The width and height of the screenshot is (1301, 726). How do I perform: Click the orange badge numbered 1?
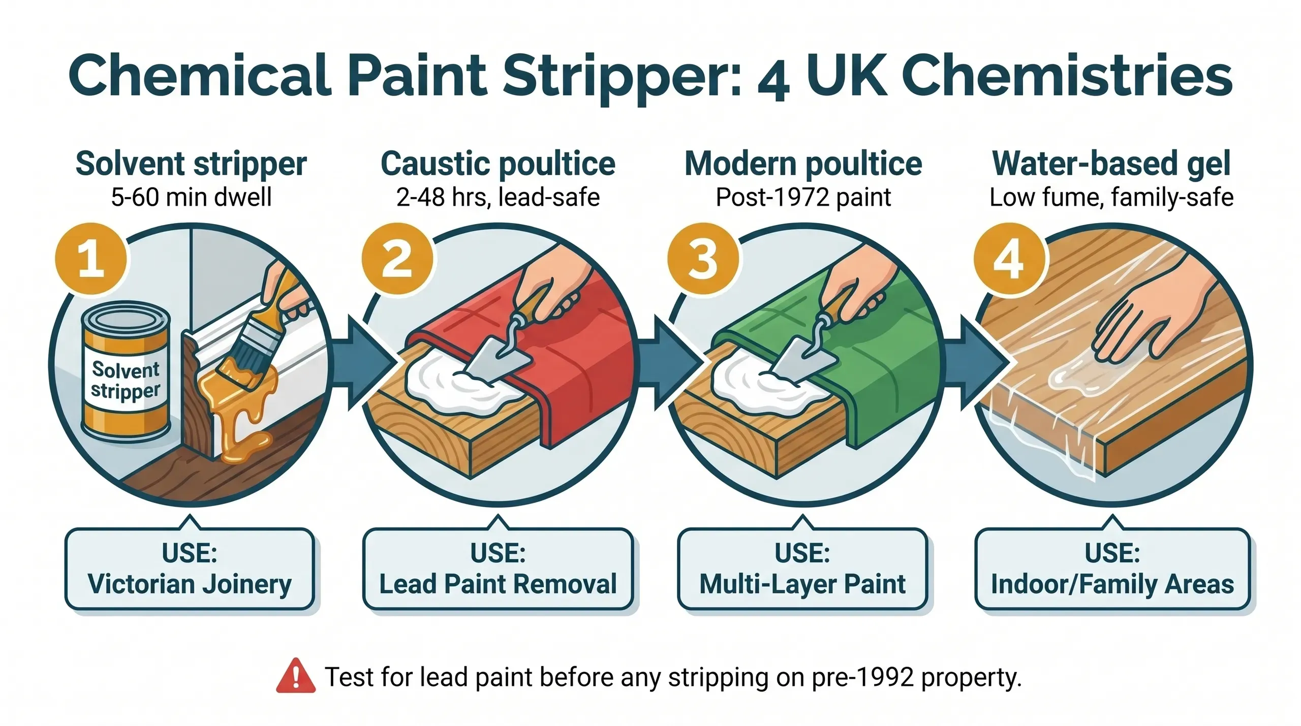tap(91, 259)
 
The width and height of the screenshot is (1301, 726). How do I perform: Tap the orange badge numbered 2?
tap(397, 259)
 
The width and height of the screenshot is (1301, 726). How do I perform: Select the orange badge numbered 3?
tap(703, 259)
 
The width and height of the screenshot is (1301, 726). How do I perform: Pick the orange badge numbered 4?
tap(1009, 259)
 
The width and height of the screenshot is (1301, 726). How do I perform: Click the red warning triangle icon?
tap(295, 676)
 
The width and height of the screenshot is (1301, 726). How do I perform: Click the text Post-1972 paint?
tap(803, 197)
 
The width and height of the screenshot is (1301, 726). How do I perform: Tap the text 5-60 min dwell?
tap(191, 197)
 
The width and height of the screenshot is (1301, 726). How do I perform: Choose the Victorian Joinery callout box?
tap(190, 569)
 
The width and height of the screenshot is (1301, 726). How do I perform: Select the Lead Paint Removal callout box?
tap(498, 569)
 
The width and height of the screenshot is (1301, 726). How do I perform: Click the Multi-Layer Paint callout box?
tap(802, 569)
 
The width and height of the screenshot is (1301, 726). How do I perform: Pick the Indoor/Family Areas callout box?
tap(1112, 569)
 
